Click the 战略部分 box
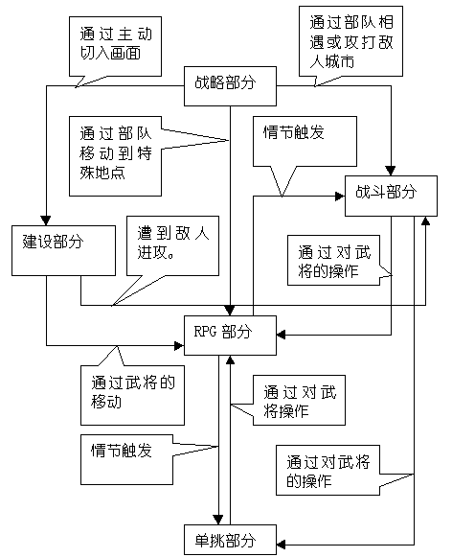(230, 86)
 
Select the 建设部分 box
(63, 250)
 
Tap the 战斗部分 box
(391, 196)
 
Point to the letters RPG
(205, 332)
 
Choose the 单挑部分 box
(230, 540)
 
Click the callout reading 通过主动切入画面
(115, 46)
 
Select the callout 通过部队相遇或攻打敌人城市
(350, 41)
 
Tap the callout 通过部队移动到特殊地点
(115, 156)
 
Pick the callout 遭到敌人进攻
(172, 245)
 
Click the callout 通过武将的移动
(132, 395)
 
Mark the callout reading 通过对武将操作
(299, 400)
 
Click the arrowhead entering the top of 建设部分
(46, 220)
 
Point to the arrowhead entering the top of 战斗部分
(391, 171)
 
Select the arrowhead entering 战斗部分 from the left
(340, 197)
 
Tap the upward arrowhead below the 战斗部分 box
(425, 220)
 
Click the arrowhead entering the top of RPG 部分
(230, 310)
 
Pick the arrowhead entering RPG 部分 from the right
(282, 335)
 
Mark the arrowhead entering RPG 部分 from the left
(179, 345)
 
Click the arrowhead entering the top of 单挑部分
(218, 520)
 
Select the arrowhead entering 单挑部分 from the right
(282, 545)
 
